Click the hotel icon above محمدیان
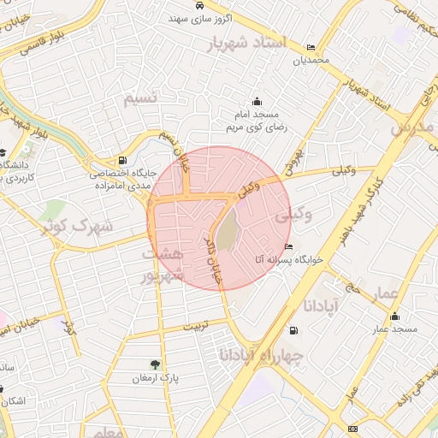click(309, 48)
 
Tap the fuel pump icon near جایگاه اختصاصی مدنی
click(124, 160)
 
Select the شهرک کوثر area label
click(70, 227)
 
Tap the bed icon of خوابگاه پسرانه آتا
click(288, 246)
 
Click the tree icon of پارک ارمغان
click(155, 364)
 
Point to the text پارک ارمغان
click(155, 377)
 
